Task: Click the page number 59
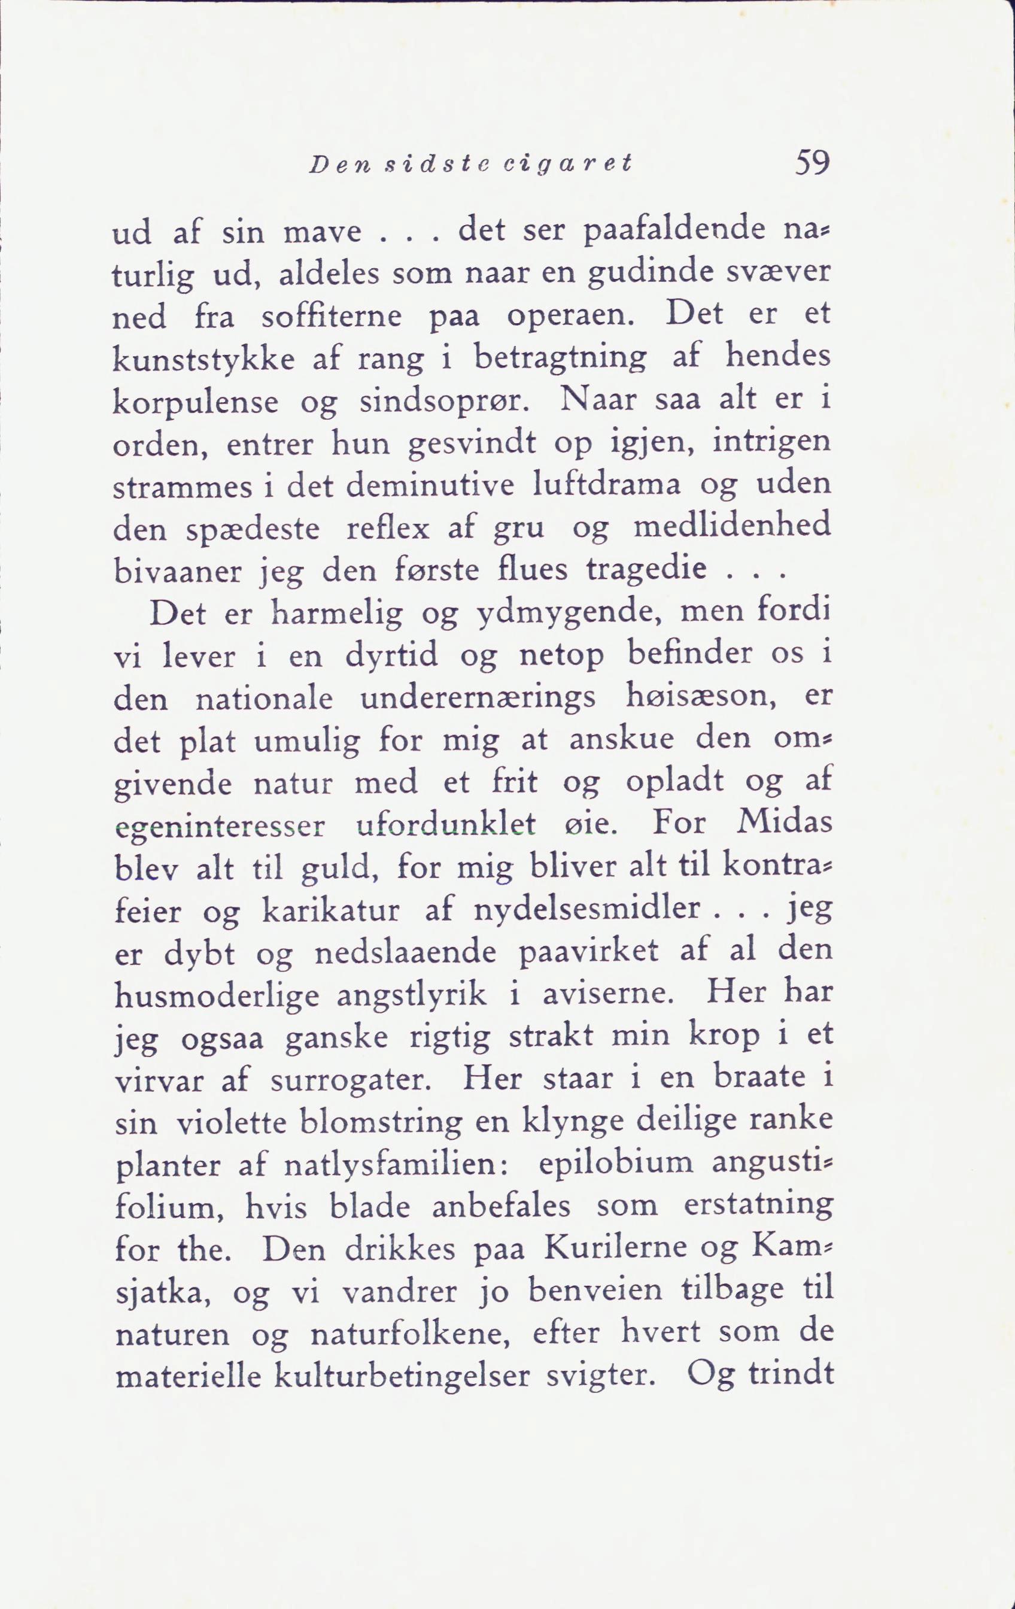pyautogui.click(x=812, y=163)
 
